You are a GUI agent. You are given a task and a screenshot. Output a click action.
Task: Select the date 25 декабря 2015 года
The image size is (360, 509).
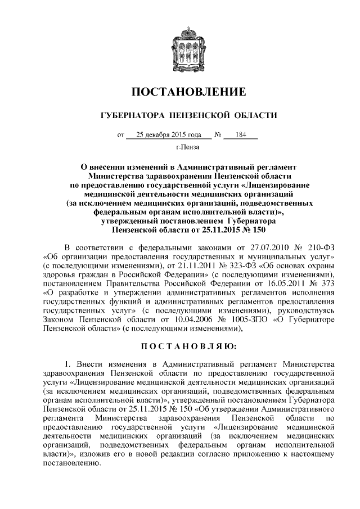168,135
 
